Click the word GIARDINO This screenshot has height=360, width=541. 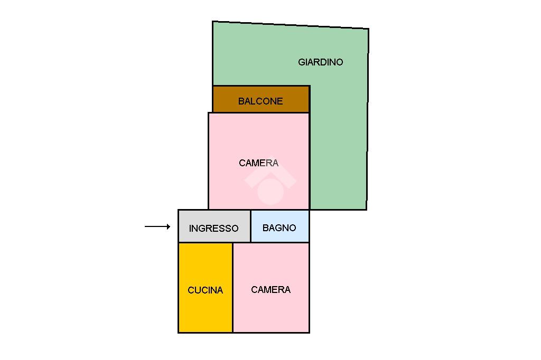pyautogui.click(x=320, y=62)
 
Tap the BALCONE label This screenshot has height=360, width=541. pyautogui.click(x=260, y=101)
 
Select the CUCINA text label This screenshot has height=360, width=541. pyautogui.click(x=206, y=290)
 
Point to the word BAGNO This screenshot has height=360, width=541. pyautogui.click(x=279, y=228)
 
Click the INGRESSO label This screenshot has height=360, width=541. pyautogui.click(x=213, y=229)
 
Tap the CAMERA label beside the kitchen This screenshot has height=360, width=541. pyautogui.click(x=270, y=290)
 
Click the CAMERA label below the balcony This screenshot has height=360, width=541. pyautogui.click(x=258, y=163)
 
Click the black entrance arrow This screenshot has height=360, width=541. pyautogui.click(x=157, y=227)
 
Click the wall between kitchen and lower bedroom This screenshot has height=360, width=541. pyautogui.click(x=233, y=288)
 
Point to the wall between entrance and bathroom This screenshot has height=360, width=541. pyautogui.click(x=250, y=226)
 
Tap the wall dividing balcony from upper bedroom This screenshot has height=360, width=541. pyautogui.click(x=259, y=112)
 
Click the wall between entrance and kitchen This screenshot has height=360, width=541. pyautogui.click(x=206, y=243)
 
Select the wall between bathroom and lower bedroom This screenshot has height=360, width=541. pyautogui.click(x=280, y=243)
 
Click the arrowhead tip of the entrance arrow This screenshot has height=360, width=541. pyautogui.click(x=170, y=227)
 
